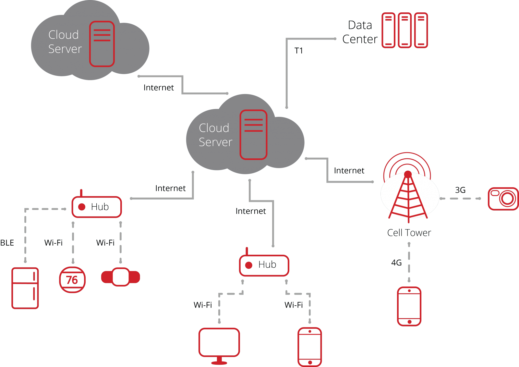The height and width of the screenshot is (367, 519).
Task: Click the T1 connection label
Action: pyautogui.click(x=298, y=51)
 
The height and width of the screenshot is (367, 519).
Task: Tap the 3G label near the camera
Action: pyautogui.click(x=460, y=190)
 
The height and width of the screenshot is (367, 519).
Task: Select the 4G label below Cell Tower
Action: pyautogui.click(x=396, y=263)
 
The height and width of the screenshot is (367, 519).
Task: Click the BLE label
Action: pyautogui.click(x=7, y=243)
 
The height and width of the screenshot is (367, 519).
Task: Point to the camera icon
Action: pyautogui.click(x=503, y=199)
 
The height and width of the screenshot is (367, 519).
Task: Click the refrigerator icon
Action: pyautogui.click(x=25, y=288)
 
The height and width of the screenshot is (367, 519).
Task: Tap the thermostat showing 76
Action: pyautogui.click(x=72, y=279)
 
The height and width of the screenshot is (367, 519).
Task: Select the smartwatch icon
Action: pyautogui.click(x=121, y=277)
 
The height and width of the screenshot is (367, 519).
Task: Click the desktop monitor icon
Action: pyautogui.click(x=219, y=344)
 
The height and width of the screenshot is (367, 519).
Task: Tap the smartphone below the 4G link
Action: pyautogui.click(x=409, y=306)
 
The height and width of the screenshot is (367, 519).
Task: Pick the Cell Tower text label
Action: pyautogui.click(x=409, y=233)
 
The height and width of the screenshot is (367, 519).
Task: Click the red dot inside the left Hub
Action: pyautogui.click(x=82, y=207)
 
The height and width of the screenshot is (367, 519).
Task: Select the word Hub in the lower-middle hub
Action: pyautogui.click(x=267, y=265)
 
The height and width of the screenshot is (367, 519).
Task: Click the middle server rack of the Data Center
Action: pyautogui.click(x=404, y=30)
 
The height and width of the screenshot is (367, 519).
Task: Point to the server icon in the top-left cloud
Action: pyautogui.click(x=102, y=44)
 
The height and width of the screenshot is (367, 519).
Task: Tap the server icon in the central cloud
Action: pyautogui.click(x=253, y=135)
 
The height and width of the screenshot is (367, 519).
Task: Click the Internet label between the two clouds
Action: pyautogui.click(x=159, y=88)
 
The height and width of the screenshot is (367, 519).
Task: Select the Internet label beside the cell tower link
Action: pyautogui.click(x=349, y=171)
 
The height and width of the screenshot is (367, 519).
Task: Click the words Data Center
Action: pyautogui.click(x=360, y=32)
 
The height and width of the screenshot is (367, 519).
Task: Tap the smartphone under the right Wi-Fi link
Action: pyautogui.click(x=310, y=347)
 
